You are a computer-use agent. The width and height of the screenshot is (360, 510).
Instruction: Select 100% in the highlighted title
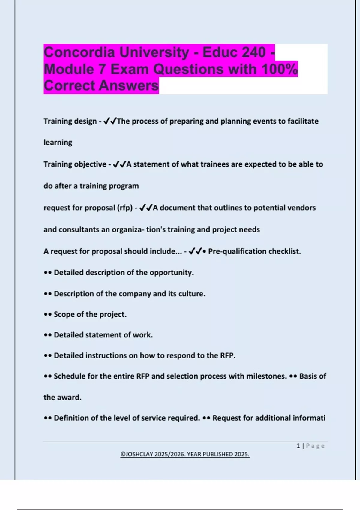pyautogui.click(x=279, y=69)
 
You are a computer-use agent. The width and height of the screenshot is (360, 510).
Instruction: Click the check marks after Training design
pyautogui.click(x=110, y=121)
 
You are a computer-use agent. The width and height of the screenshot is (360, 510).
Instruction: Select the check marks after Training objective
pyautogui.click(x=119, y=164)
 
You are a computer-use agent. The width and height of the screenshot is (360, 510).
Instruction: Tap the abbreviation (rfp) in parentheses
pyautogui.click(x=124, y=208)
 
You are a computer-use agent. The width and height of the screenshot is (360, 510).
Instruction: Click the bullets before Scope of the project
pyautogui.click(x=48, y=315)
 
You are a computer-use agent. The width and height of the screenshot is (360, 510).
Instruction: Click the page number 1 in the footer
pyautogui.click(x=298, y=446)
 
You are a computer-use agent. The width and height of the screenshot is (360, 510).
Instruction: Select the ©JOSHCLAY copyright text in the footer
pyautogui.click(x=185, y=454)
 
